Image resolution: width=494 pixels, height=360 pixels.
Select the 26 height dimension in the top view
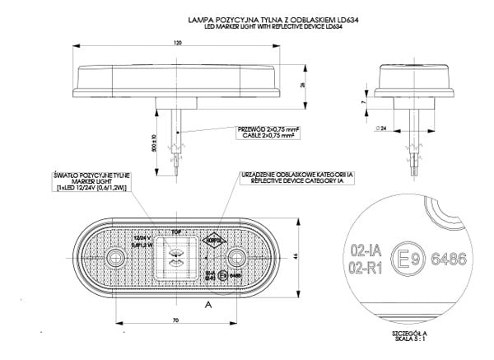point(302,85)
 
